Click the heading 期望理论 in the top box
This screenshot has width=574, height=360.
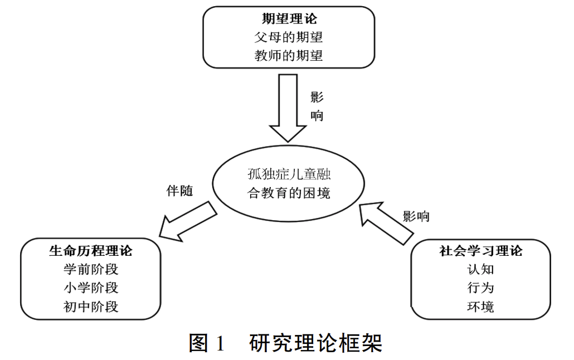pyautogui.click(x=289, y=19)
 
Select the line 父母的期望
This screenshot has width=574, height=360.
pyautogui.click(x=289, y=37)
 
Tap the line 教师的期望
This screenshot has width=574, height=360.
pyautogui.click(x=289, y=56)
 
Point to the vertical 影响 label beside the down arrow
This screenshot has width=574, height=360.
pyautogui.click(x=317, y=106)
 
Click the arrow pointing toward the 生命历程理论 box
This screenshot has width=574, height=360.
pyautogui.click(x=187, y=222)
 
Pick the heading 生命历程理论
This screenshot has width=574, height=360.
pyautogui.click(x=91, y=251)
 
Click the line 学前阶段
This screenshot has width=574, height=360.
pyautogui.click(x=91, y=270)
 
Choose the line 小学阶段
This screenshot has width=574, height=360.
pyautogui.click(x=91, y=288)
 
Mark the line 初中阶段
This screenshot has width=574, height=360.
pyautogui.click(x=91, y=307)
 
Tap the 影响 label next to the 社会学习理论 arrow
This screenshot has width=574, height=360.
pyautogui.click(x=416, y=216)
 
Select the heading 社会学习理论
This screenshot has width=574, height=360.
pyautogui.click(x=480, y=251)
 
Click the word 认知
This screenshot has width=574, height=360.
pyautogui.click(x=480, y=270)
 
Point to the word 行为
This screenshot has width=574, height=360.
pyautogui.click(x=480, y=288)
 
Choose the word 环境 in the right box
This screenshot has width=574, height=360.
pyautogui.click(x=480, y=307)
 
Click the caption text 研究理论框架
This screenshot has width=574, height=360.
pyautogui.click(x=316, y=343)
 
